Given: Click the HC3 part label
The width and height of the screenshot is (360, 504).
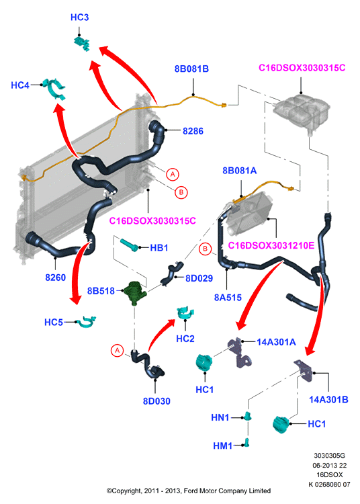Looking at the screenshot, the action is (79, 17).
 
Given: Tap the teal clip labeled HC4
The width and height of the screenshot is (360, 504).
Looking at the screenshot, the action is (54, 87).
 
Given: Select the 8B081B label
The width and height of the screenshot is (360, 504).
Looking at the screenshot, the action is (191, 69).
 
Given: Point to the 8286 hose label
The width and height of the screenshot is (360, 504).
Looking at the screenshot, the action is (193, 131).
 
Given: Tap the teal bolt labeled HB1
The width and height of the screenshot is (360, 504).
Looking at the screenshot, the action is (129, 245).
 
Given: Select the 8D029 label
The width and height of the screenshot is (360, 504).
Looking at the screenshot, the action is (199, 278).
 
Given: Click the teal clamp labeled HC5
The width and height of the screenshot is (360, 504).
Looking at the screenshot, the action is (86, 323).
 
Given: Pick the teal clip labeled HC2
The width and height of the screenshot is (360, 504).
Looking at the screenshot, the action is (185, 312).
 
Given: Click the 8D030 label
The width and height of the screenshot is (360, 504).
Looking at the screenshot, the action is (156, 401).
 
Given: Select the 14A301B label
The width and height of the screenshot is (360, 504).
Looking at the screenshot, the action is (328, 400).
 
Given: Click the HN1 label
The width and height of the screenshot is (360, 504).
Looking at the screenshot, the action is (220, 417).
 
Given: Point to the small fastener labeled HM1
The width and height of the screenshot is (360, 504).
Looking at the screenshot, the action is (246, 443).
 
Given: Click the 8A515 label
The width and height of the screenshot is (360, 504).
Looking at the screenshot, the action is (228, 298).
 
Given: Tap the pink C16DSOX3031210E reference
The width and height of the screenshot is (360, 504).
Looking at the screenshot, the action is (271, 246).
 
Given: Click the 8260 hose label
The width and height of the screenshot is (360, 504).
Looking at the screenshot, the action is (55, 278).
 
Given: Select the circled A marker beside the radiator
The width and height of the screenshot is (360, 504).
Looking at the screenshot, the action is (173, 174).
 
